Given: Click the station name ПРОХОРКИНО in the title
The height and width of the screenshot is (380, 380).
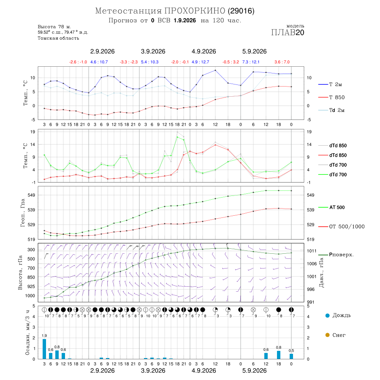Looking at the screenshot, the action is pos(195,11).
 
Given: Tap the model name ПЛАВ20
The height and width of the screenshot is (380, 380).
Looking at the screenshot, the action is pos(288,33).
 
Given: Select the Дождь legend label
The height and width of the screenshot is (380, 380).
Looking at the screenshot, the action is pos(342,315).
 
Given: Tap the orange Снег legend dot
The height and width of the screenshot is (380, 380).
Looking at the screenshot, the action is pos(327,335).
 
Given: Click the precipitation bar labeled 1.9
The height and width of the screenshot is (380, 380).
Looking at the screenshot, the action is pos(44,349).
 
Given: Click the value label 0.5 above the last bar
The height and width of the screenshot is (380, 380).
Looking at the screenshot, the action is pos(291,350).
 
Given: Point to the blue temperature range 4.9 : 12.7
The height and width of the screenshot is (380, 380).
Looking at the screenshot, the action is pos(201,62).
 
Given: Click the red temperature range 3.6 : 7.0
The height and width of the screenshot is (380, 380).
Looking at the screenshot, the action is pos(282,62).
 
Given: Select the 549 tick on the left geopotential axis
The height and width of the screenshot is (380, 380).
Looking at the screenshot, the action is pos(32,195).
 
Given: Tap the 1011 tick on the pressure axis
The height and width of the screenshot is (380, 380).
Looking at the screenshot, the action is pos(312,251).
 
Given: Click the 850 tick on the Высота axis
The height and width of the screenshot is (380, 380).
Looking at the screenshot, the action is pos(31,277).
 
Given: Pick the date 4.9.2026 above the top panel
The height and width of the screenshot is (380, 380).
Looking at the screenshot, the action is pos(204,52).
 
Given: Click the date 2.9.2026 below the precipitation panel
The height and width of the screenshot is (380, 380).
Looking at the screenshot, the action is pos(103,371).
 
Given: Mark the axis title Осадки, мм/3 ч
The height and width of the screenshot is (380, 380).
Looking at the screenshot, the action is pos(27,333).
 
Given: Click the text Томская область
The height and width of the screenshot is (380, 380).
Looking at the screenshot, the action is pos(58,38).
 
